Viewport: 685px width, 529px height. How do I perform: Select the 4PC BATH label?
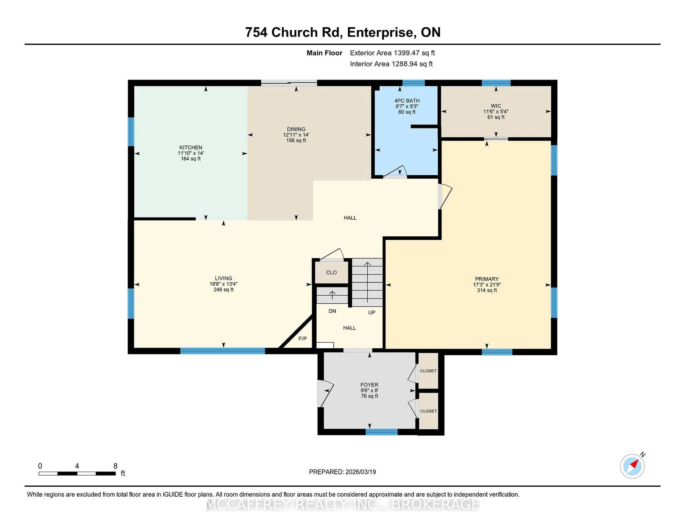407,101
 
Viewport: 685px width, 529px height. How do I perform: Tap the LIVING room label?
223,278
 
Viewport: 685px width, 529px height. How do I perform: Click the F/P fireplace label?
302,338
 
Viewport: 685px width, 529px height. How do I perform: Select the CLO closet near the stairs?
331,272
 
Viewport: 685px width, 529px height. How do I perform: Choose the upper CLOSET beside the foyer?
428,371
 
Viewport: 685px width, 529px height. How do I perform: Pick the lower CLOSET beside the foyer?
428,411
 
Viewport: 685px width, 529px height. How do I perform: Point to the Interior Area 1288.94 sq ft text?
391,64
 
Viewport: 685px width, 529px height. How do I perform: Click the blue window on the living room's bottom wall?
223,351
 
